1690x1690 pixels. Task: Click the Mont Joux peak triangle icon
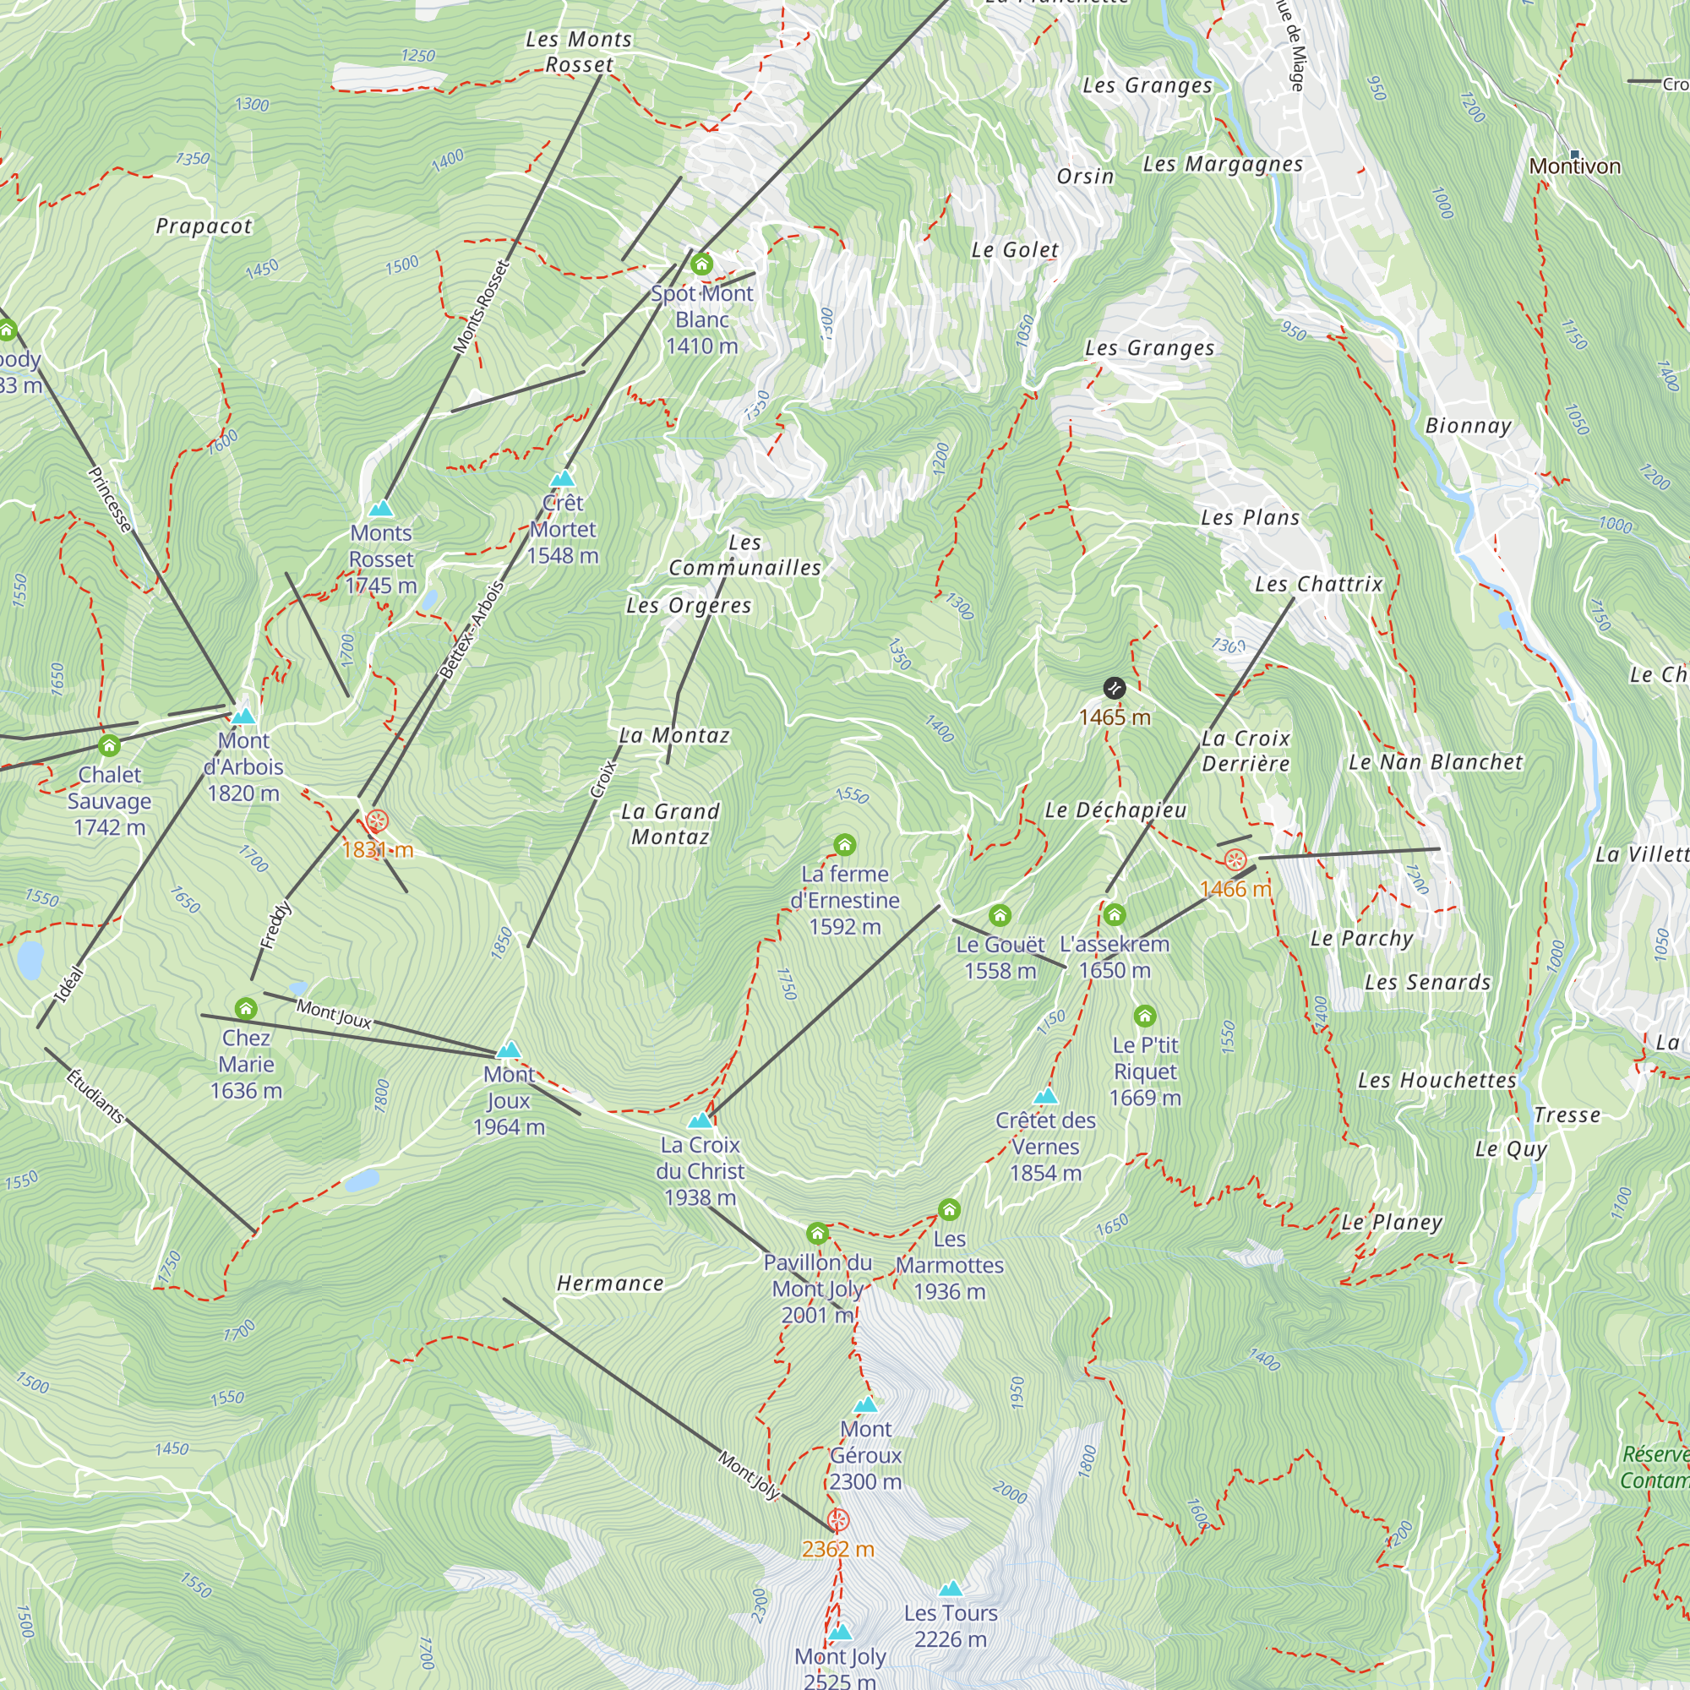508,1049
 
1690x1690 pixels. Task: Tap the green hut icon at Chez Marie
246,1009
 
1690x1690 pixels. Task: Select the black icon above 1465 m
1114,688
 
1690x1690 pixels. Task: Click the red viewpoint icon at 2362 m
838,1520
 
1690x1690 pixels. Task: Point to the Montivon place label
1574,166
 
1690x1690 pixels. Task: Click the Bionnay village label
1468,426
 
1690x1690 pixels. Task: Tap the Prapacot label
204,226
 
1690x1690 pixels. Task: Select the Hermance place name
610,1284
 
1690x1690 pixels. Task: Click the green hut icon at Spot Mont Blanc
701,264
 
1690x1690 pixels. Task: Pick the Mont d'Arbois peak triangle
243,717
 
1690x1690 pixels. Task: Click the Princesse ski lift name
110,499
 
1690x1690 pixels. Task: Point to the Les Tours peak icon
950,1589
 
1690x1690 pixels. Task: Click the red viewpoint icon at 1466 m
1235,859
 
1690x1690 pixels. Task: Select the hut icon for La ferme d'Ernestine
844,845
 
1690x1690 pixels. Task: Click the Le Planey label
1392,1222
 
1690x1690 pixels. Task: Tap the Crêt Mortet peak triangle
563,478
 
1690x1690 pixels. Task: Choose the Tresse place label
1567,1115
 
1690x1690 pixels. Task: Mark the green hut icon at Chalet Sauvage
109,745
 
